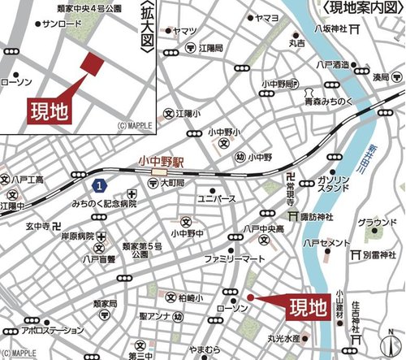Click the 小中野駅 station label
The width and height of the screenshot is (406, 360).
(162, 162)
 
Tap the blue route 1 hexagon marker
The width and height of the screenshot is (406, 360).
(98, 187)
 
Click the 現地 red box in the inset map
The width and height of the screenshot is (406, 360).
(48, 108)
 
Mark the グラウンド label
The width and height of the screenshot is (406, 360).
(377, 222)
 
